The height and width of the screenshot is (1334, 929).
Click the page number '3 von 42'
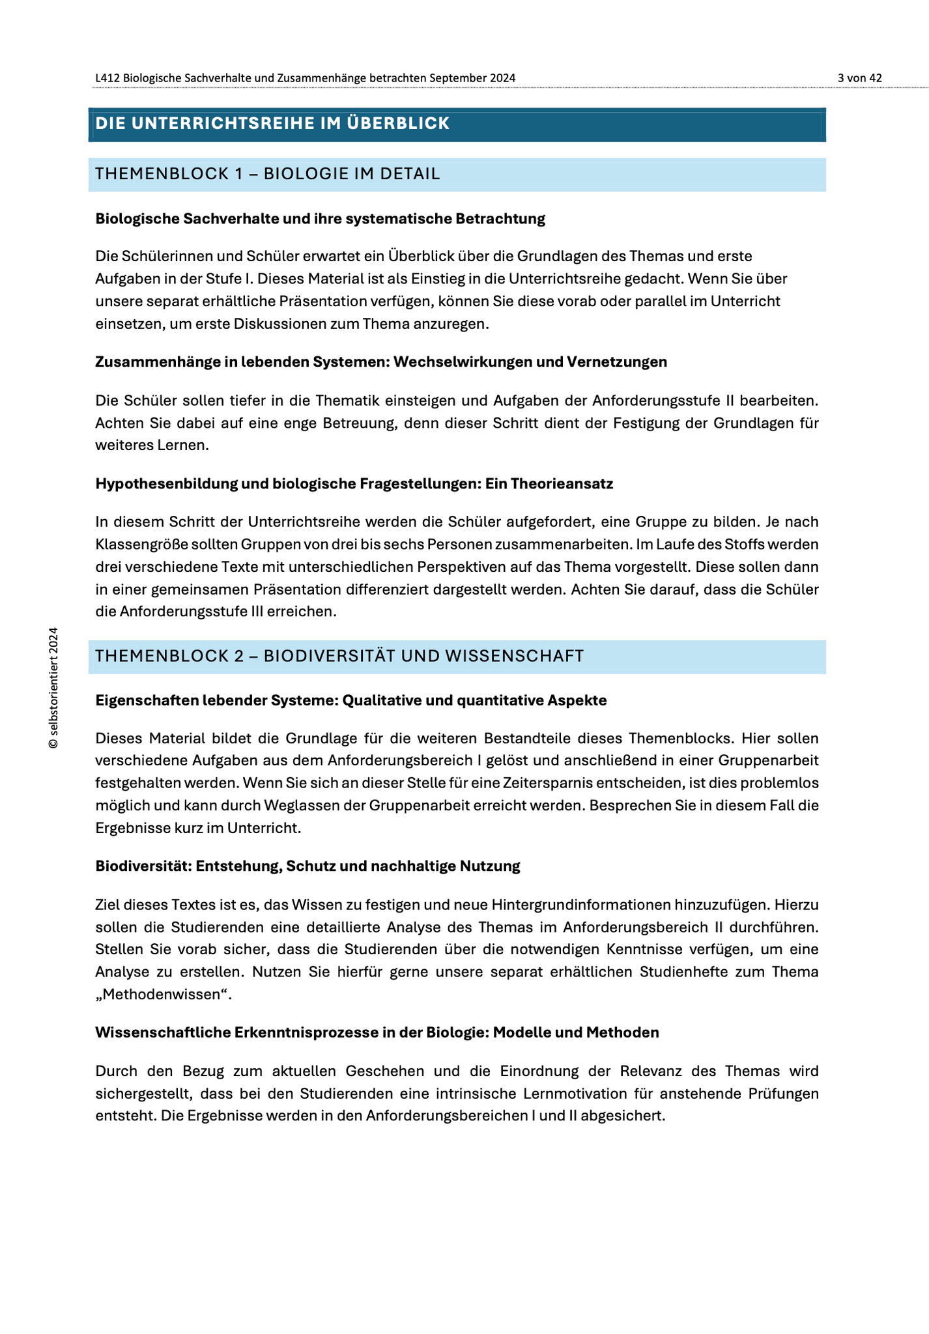859,78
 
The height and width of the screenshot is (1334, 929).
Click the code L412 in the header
107,78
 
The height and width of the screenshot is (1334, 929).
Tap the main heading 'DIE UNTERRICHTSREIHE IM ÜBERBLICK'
272,124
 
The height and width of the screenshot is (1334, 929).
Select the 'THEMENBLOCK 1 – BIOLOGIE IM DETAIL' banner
268,174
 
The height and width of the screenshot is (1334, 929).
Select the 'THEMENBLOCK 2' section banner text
339,656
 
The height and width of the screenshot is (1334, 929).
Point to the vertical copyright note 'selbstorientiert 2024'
53,687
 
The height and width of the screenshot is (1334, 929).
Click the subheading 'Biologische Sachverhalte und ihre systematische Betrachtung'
320,219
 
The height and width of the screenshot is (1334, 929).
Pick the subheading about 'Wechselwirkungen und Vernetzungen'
381,362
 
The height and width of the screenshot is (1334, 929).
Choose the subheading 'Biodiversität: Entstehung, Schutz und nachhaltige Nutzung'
307,866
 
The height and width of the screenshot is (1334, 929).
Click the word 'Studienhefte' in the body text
682,972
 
